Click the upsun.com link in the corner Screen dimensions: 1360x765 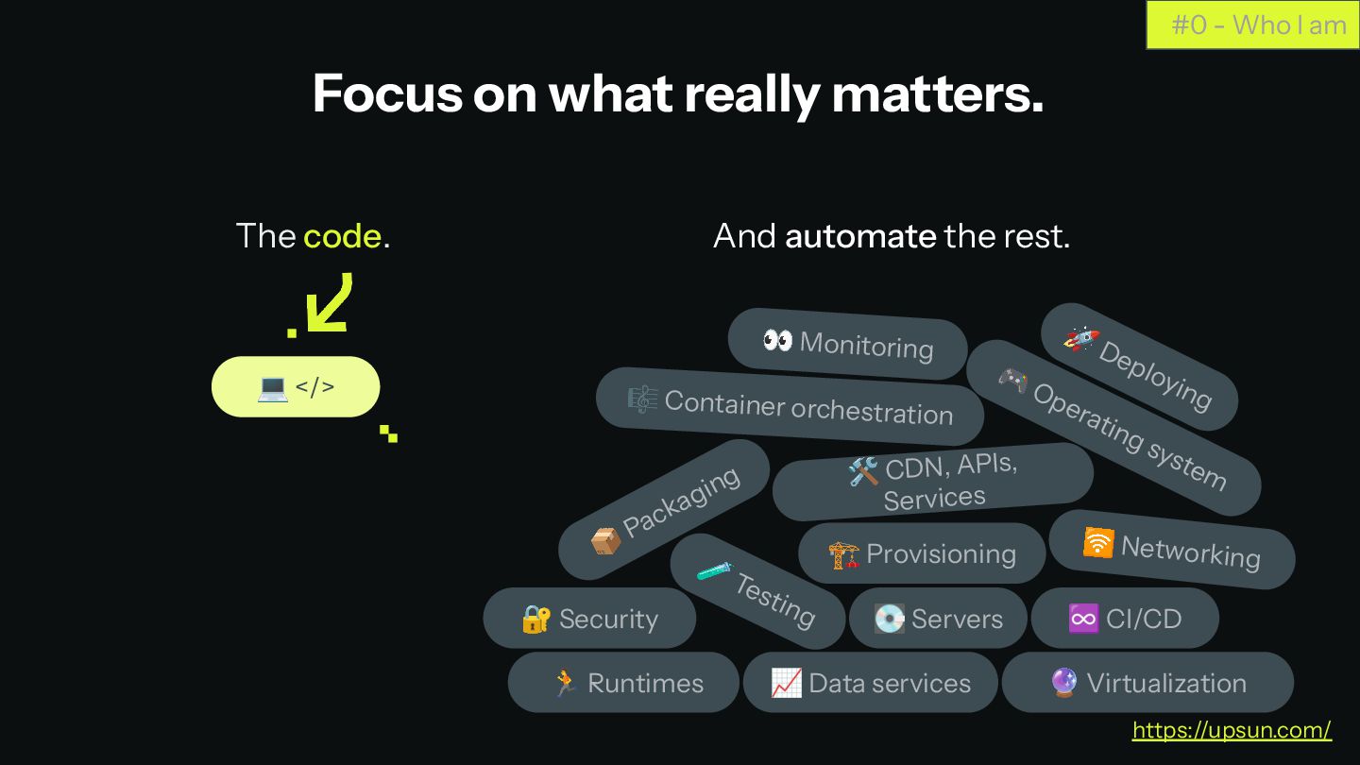pos(1232,730)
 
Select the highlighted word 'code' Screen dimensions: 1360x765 pos(342,236)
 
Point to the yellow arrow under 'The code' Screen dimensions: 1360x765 pos(330,305)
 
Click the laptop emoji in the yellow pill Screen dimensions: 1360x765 pos(272,387)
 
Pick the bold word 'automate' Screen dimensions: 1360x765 pos(860,236)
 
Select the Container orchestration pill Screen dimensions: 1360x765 pos(790,406)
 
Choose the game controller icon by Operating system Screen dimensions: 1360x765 pos(1012,379)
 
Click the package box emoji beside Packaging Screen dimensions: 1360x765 pos(605,541)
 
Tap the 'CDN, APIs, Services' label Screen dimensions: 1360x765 pos(944,482)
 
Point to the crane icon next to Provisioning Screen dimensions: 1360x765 pos(843,554)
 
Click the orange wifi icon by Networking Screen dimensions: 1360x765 pos(1097,543)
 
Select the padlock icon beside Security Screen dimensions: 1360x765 pos(535,619)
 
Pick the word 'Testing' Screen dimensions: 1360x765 pos(776,600)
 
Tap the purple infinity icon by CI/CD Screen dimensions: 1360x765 pos(1083,619)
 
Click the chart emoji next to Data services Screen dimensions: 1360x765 pos(786,683)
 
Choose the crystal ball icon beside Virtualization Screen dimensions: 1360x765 pos(1063,683)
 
